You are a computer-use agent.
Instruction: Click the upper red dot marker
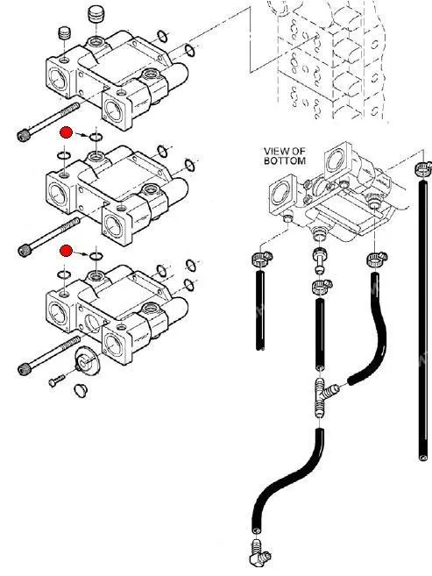(x=66, y=132)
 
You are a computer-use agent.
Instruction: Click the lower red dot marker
(x=66, y=251)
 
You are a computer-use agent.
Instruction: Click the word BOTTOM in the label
(x=285, y=160)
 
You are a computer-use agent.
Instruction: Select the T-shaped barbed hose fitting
(x=324, y=397)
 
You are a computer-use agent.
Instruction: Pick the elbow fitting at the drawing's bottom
(x=260, y=552)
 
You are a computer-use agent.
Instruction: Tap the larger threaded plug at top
(x=96, y=14)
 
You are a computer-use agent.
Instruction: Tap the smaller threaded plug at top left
(x=64, y=33)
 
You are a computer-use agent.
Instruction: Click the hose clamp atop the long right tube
(x=423, y=168)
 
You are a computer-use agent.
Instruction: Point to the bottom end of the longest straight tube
(x=423, y=458)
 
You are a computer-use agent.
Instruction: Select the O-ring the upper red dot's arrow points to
(x=96, y=138)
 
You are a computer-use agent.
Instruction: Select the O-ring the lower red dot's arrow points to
(x=96, y=256)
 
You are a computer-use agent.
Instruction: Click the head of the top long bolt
(x=24, y=136)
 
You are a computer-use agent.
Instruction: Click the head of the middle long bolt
(x=25, y=251)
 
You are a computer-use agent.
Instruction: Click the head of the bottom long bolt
(x=25, y=369)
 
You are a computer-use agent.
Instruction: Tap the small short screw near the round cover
(x=57, y=380)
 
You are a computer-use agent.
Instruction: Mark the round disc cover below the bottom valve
(x=86, y=361)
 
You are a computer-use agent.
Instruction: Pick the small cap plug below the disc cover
(x=81, y=390)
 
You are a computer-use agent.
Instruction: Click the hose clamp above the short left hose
(x=262, y=259)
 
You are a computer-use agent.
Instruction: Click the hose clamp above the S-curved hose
(x=376, y=260)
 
